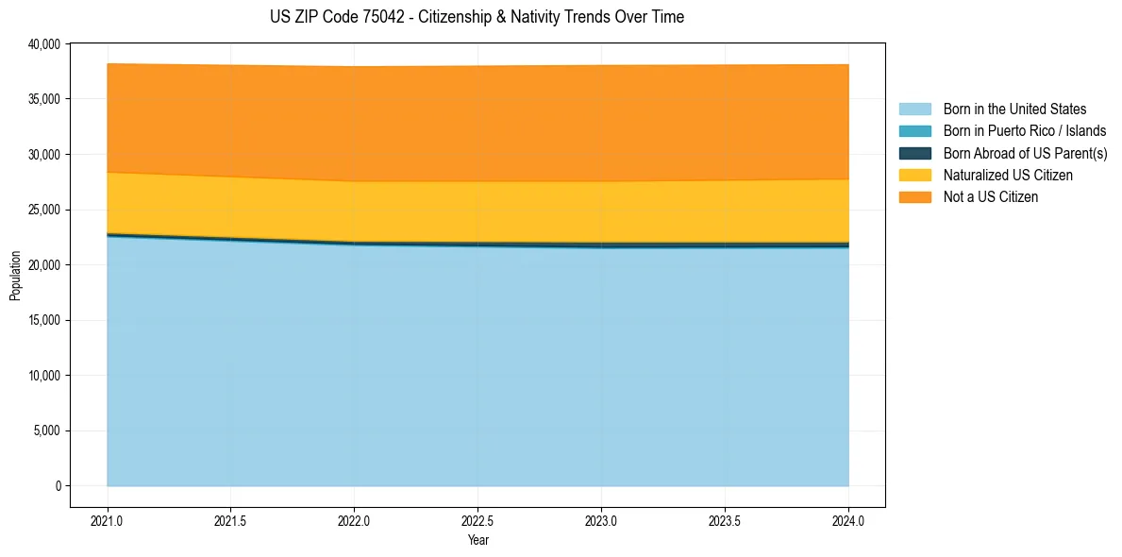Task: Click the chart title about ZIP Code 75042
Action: click(477, 17)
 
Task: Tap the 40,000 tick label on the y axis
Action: click(43, 44)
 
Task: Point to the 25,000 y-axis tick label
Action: click(43, 210)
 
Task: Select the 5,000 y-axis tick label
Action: click(46, 430)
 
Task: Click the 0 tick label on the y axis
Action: click(58, 486)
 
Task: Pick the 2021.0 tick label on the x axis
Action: click(108, 520)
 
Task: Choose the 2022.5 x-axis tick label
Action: click(477, 520)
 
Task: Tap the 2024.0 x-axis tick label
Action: click(848, 520)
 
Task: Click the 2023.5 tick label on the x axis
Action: click(725, 520)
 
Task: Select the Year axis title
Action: click(478, 540)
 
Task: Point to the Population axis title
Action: click(15, 276)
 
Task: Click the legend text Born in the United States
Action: click(1014, 110)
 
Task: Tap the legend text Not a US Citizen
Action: click(990, 197)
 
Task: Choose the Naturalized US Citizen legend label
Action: click(1008, 176)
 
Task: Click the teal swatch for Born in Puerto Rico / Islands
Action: click(914, 131)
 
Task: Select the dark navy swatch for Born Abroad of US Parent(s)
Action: click(914, 153)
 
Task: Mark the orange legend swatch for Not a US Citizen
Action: click(914, 197)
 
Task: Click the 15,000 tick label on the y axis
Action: click(43, 320)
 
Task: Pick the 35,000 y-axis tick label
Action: click(43, 99)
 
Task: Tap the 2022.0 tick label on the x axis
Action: click(354, 520)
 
